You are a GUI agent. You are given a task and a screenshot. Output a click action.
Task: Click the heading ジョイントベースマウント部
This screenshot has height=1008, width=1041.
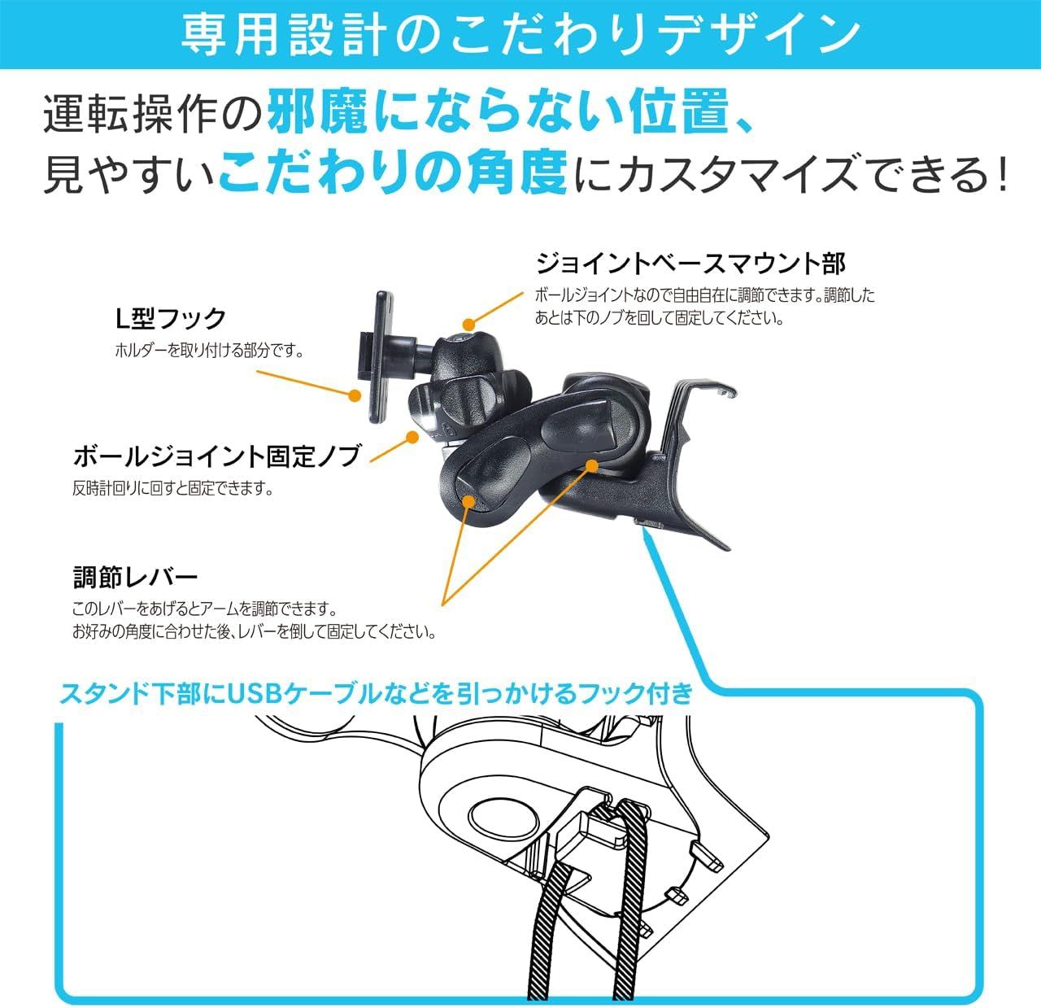690,264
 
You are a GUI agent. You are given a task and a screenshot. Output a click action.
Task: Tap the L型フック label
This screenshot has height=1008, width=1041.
169,318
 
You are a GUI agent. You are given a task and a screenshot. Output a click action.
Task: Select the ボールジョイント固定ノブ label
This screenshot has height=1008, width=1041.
216,456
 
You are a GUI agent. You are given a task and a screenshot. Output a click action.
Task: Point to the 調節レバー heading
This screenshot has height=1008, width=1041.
135,578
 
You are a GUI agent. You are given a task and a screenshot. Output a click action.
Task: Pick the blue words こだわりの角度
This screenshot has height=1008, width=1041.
392,173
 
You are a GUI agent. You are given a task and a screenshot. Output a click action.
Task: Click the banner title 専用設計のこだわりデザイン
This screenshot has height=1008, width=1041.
520,34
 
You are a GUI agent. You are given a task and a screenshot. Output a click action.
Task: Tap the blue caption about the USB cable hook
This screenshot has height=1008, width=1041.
377,694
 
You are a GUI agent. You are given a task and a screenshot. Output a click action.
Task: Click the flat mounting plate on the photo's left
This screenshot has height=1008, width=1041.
379,358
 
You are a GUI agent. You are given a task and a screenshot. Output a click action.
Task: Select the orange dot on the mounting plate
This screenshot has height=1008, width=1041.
354,396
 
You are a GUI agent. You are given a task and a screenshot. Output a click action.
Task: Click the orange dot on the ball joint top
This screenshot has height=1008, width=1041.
467,325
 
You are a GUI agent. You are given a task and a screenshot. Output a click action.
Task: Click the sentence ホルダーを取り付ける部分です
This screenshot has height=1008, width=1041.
209,351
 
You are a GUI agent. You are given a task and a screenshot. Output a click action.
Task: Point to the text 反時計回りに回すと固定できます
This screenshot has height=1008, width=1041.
172,489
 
